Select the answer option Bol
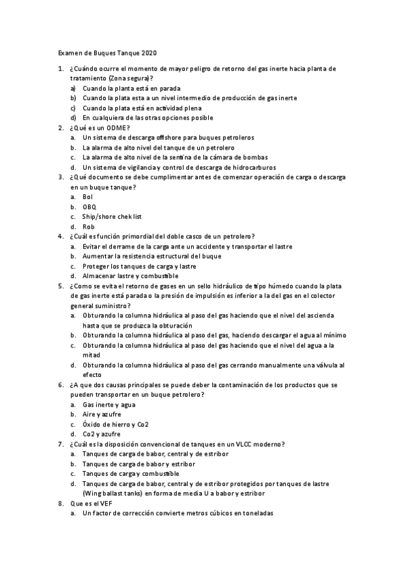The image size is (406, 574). [x=87, y=197]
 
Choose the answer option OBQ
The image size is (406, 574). [x=89, y=206]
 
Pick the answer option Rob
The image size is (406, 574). [x=88, y=226]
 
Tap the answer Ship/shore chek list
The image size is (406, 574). [x=112, y=217]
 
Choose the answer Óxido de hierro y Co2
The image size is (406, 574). [x=116, y=424]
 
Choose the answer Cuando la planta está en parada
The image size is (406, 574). [x=131, y=89]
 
